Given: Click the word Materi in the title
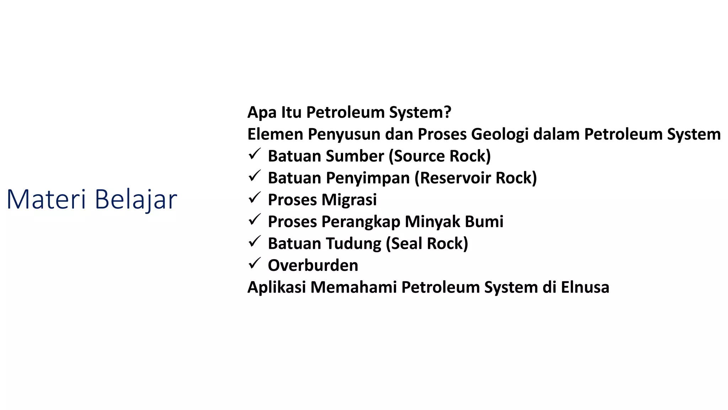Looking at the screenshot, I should tap(46, 199).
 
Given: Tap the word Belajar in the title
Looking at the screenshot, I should tap(136, 199).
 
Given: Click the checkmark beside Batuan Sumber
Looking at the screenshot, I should tap(255, 154).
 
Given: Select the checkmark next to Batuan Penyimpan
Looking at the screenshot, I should tap(255, 176).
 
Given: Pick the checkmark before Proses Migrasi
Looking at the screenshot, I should tap(255, 198).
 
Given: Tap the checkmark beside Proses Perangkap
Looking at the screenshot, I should tap(255, 220).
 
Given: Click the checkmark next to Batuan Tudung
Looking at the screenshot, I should tap(255, 242).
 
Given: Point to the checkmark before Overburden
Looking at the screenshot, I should tap(255, 264).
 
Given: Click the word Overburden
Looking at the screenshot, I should tap(313, 266).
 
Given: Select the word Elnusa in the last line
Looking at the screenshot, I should tap(585, 287).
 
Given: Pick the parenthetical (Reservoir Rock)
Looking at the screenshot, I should tap(476, 178).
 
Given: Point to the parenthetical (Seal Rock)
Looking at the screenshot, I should tap(427, 244).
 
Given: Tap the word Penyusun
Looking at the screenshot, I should tap(344, 135).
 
